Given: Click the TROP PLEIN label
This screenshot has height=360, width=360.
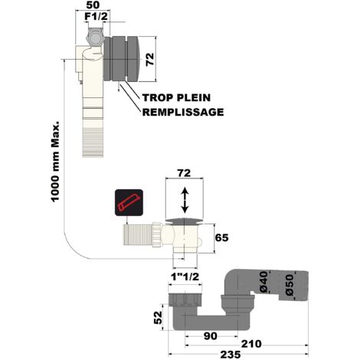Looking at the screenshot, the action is (x=176, y=97).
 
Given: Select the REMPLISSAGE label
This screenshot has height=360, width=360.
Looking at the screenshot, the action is (x=183, y=112).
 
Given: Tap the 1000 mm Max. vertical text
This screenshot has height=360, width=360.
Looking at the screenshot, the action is (x=55, y=162).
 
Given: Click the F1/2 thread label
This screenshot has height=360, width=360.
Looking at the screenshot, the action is (x=96, y=17).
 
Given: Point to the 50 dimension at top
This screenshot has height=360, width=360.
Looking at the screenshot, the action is (x=93, y=5).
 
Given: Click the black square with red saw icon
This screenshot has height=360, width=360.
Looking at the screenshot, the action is (x=129, y=202).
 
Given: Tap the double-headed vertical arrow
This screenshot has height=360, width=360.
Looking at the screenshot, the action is (x=185, y=200).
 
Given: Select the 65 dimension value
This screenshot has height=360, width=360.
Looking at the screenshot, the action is (x=221, y=237).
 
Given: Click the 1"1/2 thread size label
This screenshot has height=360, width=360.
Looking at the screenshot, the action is (x=185, y=277).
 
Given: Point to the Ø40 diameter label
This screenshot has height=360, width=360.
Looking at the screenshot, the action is (x=264, y=282).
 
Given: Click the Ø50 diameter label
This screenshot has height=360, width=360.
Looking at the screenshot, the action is (x=290, y=285).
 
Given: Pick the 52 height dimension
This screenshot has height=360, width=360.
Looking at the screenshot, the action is (x=159, y=317).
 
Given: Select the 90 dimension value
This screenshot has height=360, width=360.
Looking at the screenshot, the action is (x=211, y=336).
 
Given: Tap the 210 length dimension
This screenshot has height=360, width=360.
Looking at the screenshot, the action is (x=251, y=344).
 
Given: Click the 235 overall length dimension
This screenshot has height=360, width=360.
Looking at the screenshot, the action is (x=231, y=355).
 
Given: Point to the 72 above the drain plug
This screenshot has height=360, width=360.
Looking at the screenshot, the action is (x=184, y=173).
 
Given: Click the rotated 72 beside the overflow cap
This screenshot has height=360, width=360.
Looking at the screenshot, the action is (x=150, y=59).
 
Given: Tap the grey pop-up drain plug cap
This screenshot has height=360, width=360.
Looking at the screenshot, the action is (x=185, y=221).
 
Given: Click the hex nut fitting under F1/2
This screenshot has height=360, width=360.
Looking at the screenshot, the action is (x=96, y=38).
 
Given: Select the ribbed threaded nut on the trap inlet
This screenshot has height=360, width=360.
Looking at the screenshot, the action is (x=185, y=300).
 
